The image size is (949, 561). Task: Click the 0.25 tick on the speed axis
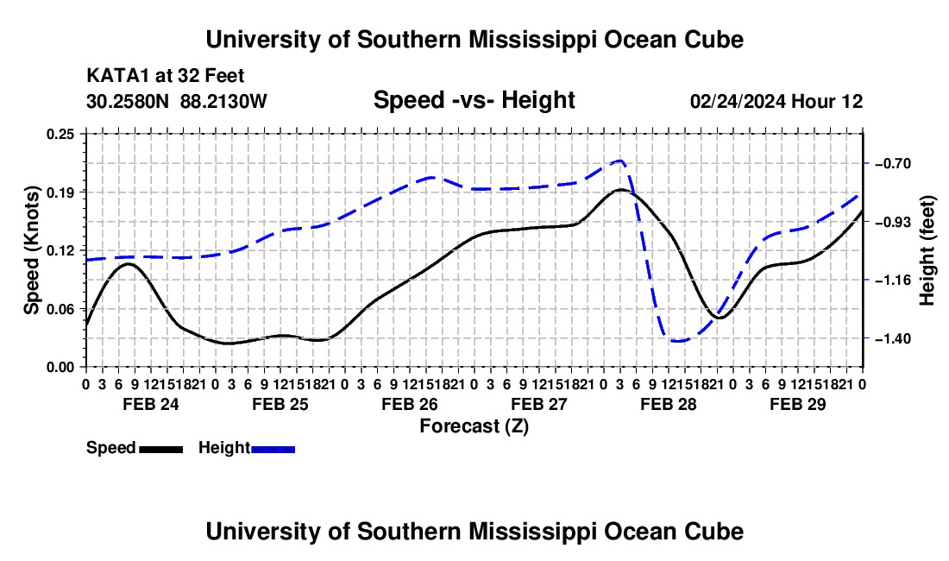[60, 134]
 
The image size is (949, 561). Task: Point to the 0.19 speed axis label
[60, 192]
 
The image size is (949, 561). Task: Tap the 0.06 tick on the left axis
[60, 309]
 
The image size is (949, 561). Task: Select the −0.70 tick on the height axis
[893, 164]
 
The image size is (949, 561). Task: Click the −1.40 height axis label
[893, 339]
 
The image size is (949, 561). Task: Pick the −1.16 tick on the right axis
[893, 280]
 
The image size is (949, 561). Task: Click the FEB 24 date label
[151, 404]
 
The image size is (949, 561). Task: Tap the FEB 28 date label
[668, 404]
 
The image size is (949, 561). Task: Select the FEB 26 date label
[409, 404]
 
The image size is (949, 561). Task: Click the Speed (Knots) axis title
[31, 250]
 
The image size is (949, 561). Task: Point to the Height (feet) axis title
[927, 250]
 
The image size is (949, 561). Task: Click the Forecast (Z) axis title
[474, 426]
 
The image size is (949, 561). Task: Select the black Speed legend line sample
[161, 449]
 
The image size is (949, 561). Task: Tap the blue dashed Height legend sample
[273, 449]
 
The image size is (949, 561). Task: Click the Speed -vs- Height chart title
[474, 100]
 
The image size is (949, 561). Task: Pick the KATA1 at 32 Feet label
[166, 76]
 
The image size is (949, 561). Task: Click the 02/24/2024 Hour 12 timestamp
[776, 101]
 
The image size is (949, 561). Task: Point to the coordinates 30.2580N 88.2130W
[176, 101]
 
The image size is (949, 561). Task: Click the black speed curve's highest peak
[620, 189]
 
